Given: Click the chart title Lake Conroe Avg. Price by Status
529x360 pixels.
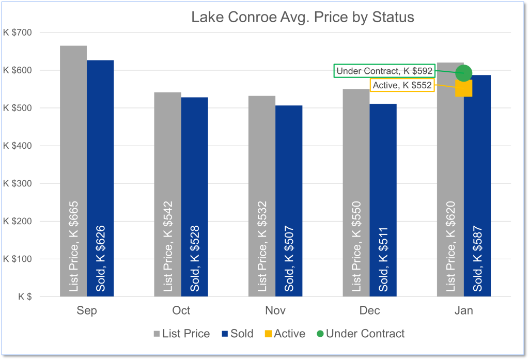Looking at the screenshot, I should (x=303, y=17).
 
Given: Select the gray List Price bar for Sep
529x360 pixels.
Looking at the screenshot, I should (x=73, y=170).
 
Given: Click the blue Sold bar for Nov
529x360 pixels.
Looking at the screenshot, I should (x=289, y=201).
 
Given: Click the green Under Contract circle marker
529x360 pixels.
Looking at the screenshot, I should (x=464, y=73).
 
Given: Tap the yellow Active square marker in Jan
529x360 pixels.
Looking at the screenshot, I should (x=464, y=88).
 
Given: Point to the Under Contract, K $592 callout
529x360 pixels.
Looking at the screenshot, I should (x=384, y=71).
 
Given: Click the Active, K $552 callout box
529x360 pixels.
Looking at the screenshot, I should (x=402, y=85).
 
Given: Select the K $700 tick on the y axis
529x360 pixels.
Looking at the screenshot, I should (x=18, y=33).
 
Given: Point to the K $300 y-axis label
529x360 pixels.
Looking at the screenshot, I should (x=18, y=183).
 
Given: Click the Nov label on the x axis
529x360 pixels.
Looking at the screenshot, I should (x=275, y=310).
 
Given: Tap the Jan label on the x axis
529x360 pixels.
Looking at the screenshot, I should (x=464, y=310).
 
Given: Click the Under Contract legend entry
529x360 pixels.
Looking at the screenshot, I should (x=360, y=334).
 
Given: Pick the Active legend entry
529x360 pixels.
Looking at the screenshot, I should (x=284, y=334).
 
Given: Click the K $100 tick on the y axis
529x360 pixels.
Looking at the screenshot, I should (x=18, y=259).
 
